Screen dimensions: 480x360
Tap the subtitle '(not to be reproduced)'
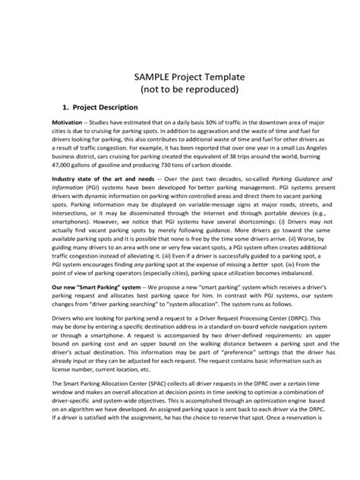(x=180, y=90)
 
